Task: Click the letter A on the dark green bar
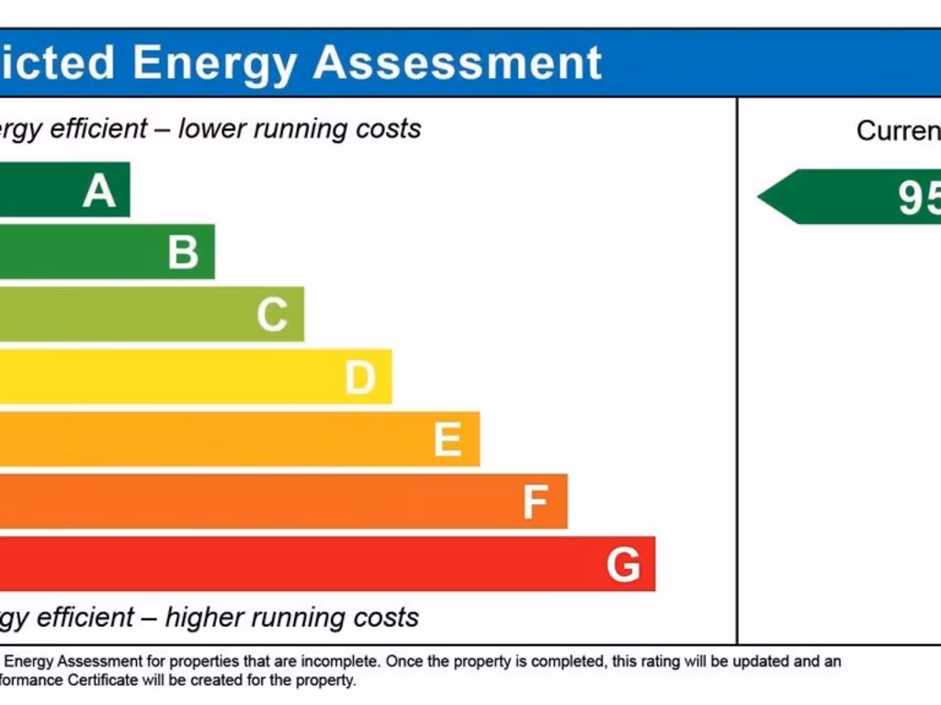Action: (99, 191)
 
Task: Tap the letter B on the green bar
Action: (183, 252)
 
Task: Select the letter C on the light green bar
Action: (272, 315)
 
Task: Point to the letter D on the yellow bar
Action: (360, 377)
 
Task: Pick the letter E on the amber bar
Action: (448, 440)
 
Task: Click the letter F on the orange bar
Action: (535, 502)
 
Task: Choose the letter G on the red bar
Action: (623, 565)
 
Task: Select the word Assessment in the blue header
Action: (457, 62)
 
